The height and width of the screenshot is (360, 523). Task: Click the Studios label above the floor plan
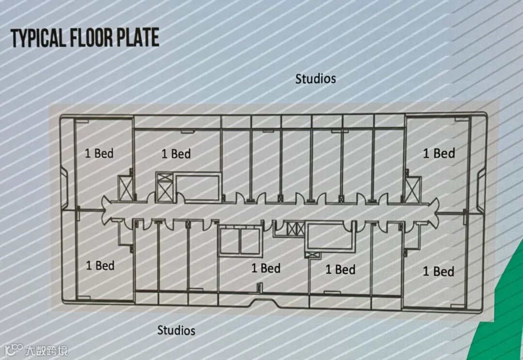pos(316,78)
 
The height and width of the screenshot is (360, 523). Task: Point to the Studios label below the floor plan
pos(176,330)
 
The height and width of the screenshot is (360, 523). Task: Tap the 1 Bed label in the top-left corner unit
pos(99,154)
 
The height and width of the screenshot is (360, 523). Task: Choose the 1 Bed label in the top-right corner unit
pos(439,154)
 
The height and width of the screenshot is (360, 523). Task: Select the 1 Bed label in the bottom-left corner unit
pos(100,266)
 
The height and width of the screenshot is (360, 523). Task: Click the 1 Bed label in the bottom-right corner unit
pos(439,271)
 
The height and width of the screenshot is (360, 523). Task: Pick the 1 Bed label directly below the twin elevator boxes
pos(266,268)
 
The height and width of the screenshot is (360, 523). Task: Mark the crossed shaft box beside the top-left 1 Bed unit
pos(125,188)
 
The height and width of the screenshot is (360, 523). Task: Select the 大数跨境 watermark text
pos(46,350)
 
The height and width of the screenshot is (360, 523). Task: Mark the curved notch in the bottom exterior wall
pos(261,303)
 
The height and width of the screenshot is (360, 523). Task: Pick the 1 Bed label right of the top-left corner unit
pos(176,154)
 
